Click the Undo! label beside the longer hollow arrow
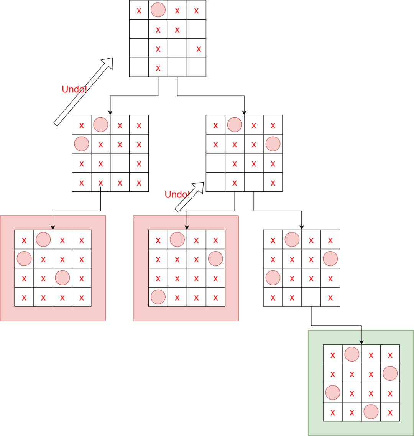coord(74,89)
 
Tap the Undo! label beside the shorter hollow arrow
coord(177,194)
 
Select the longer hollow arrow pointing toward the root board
coord(83,92)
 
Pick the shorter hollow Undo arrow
coord(189,197)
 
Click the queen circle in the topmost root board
coord(158,10)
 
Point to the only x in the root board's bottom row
coord(158,68)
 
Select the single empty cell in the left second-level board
coord(120,163)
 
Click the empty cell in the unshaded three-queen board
coord(311,297)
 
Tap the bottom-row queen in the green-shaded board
coord(371,411)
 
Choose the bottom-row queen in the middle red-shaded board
coord(158,297)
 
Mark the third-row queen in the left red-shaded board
coord(62,278)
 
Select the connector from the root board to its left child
coord(134,96)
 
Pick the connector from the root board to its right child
coord(211,96)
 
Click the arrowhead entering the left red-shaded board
coord(53,227)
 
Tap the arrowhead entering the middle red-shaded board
coord(187,227)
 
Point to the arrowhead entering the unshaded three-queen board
coord(302,227)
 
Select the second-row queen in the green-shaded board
coord(390,373)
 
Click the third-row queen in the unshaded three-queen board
coord(273,278)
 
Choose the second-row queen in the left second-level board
coord(81,144)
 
